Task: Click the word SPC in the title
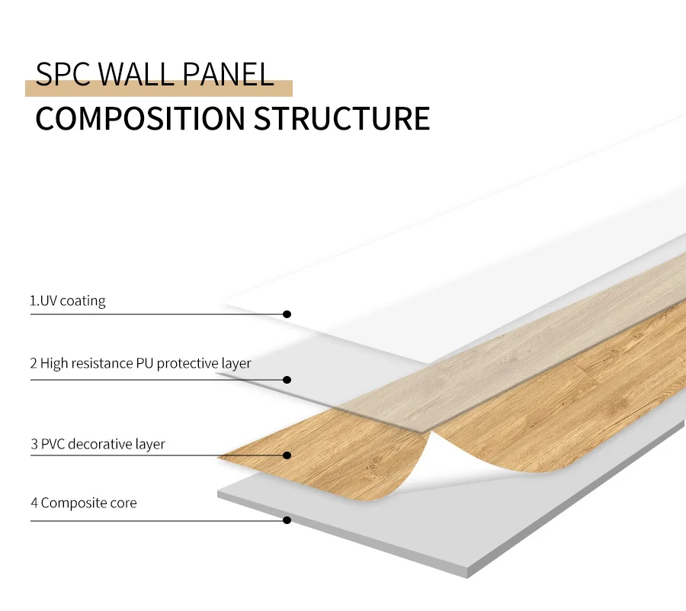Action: click(x=64, y=75)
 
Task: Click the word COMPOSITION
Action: click(x=139, y=119)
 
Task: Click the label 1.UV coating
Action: click(x=68, y=301)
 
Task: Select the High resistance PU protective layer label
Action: click(x=141, y=364)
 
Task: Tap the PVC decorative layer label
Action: click(x=98, y=444)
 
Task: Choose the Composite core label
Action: click(x=84, y=503)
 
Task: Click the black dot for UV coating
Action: click(x=287, y=314)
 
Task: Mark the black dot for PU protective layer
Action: click(x=287, y=379)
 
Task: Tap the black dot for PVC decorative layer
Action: click(x=287, y=455)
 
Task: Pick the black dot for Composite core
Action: click(x=287, y=520)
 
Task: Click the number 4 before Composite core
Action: click(x=34, y=503)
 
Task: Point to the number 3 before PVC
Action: click(x=34, y=444)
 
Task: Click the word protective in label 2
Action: click(x=187, y=364)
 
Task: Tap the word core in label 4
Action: click(x=123, y=503)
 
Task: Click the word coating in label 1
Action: click(x=82, y=301)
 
